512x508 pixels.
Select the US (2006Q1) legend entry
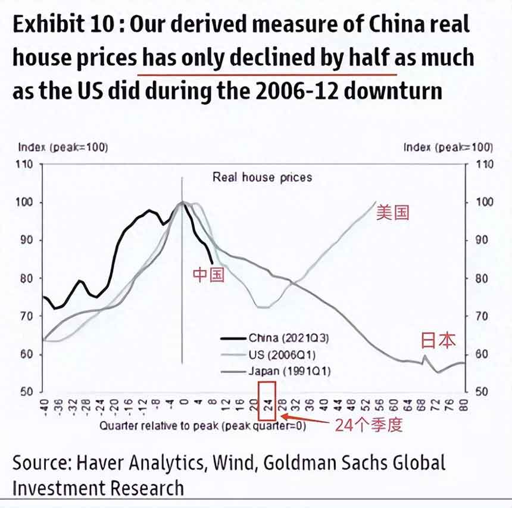282,355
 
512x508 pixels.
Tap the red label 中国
208,275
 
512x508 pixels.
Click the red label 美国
393,213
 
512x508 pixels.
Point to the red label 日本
438,340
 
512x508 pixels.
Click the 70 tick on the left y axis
28,316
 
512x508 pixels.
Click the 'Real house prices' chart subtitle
262,177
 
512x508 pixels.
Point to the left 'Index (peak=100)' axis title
63,147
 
